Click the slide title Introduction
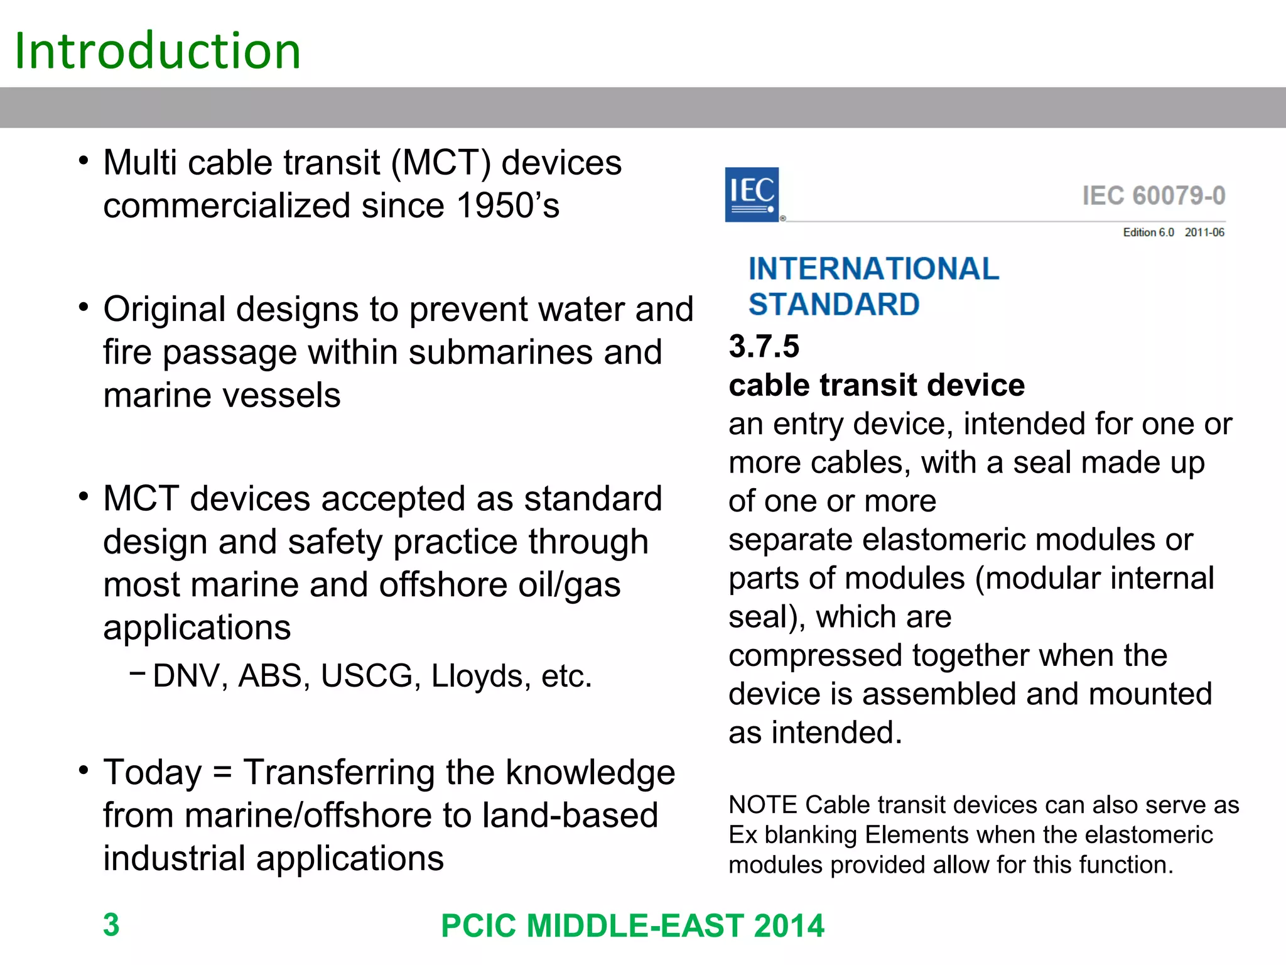(158, 50)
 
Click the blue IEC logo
(752, 194)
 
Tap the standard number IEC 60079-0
(1154, 195)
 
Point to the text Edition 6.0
(1148, 232)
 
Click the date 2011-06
(1204, 232)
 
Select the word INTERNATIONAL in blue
(873, 269)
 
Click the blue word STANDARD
(834, 305)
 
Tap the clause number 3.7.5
(764, 346)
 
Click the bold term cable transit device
(877, 385)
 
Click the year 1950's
(507, 205)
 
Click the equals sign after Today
(222, 773)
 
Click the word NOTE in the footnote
(762, 805)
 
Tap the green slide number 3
(111, 925)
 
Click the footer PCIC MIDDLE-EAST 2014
(632, 926)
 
